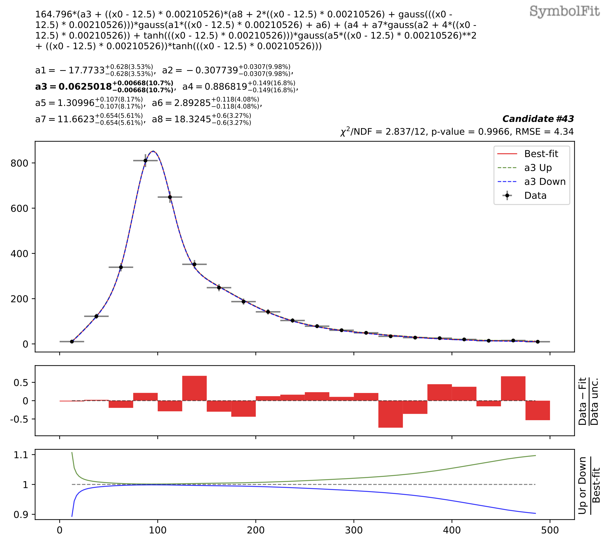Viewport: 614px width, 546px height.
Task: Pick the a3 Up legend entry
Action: (538, 168)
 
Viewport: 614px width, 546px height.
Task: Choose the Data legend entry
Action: (535, 196)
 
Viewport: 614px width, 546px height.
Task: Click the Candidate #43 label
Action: (538, 119)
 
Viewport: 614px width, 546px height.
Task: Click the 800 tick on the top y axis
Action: (19, 163)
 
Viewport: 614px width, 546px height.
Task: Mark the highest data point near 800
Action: (146, 161)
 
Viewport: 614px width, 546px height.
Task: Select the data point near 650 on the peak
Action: (170, 197)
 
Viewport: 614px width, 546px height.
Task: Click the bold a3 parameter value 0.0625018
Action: (85, 87)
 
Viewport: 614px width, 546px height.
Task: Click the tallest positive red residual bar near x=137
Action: (194, 388)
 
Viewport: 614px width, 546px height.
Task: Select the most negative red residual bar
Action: (390, 414)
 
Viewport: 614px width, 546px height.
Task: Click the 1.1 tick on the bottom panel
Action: (21, 455)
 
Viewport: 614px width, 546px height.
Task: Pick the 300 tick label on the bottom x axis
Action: (354, 530)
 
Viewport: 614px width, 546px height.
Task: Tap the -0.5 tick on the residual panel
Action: (19, 419)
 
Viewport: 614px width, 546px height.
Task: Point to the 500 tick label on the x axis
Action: (550, 530)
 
